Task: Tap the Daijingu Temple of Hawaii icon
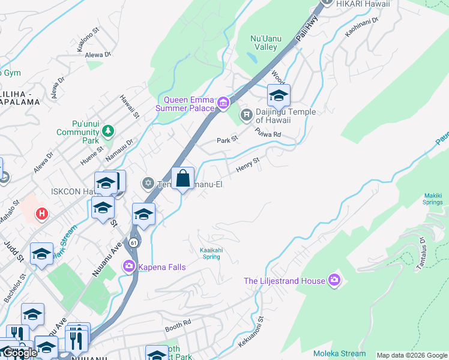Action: point(245,114)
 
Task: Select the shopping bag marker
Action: point(182,179)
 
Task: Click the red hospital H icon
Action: point(41,213)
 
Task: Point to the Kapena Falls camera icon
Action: point(128,266)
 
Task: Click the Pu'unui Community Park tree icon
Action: point(108,130)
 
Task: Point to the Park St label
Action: point(227,140)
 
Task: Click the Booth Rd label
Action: point(178,323)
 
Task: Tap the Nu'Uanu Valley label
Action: point(264,43)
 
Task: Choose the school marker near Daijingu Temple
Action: point(279,97)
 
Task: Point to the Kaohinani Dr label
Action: point(363,28)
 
